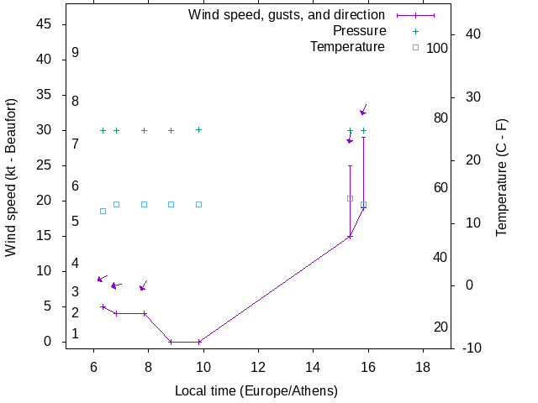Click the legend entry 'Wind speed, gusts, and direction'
[x=286, y=15]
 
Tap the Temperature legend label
[x=347, y=47]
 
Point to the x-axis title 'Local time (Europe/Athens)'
[x=256, y=391]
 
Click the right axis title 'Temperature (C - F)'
[x=502, y=177]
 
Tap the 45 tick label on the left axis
[x=45, y=24]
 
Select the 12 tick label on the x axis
[x=258, y=366]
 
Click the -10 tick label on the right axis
[x=470, y=348]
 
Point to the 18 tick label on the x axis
[x=423, y=366]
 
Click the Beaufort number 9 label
[x=76, y=53]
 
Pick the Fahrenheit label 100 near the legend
[x=437, y=49]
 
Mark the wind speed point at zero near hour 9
[x=171, y=342]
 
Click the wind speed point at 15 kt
[x=350, y=237]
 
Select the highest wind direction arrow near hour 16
[x=363, y=110]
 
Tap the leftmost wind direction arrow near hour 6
[x=102, y=278]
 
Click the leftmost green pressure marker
[x=103, y=130]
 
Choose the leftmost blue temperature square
[x=103, y=211]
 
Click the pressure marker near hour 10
[x=198, y=130]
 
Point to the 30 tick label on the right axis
[x=472, y=97]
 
